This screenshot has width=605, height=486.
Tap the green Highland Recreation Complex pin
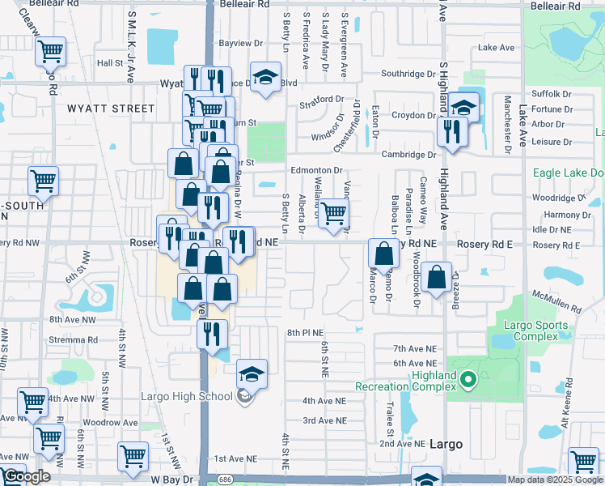coord(467,378)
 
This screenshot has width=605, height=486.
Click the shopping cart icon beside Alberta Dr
coord(332,214)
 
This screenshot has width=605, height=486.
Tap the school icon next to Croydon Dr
coord(464,107)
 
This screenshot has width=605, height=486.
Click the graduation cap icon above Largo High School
coord(252,373)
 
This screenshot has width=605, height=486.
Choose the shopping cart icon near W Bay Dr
coord(133,455)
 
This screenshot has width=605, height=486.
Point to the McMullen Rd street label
coord(552,297)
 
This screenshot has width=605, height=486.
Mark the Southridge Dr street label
coord(408,73)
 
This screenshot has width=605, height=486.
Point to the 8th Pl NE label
coord(305,332)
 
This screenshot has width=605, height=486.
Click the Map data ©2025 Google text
coord(555,480)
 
